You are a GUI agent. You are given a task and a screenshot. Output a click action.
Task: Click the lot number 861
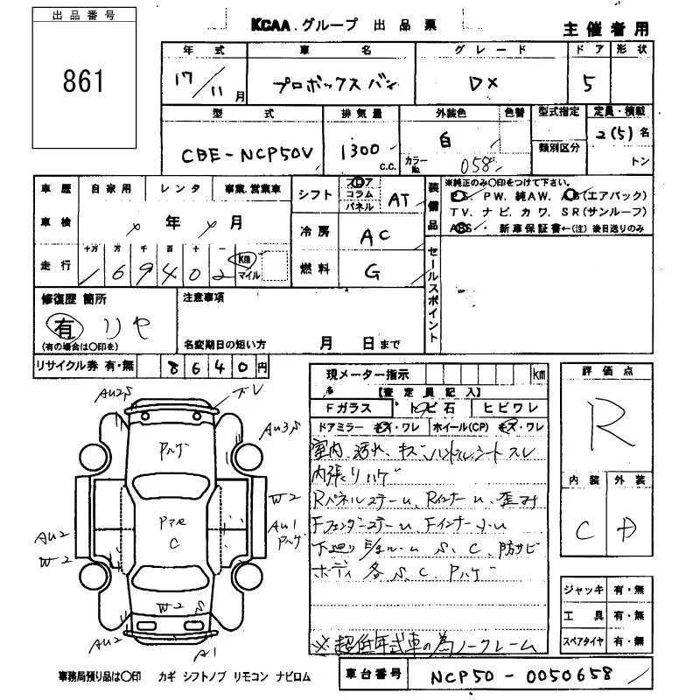tap(83, 81)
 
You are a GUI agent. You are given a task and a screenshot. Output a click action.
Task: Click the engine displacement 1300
tap(360, 149)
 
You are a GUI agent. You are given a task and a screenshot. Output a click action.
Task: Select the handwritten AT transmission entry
tap(399, 200)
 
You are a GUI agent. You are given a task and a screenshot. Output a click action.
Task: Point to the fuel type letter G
tap(374, 273)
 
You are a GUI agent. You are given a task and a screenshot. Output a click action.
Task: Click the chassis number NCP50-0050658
tap(522, 675)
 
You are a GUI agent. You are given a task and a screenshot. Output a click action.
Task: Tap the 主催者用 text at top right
tap(606, 29)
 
